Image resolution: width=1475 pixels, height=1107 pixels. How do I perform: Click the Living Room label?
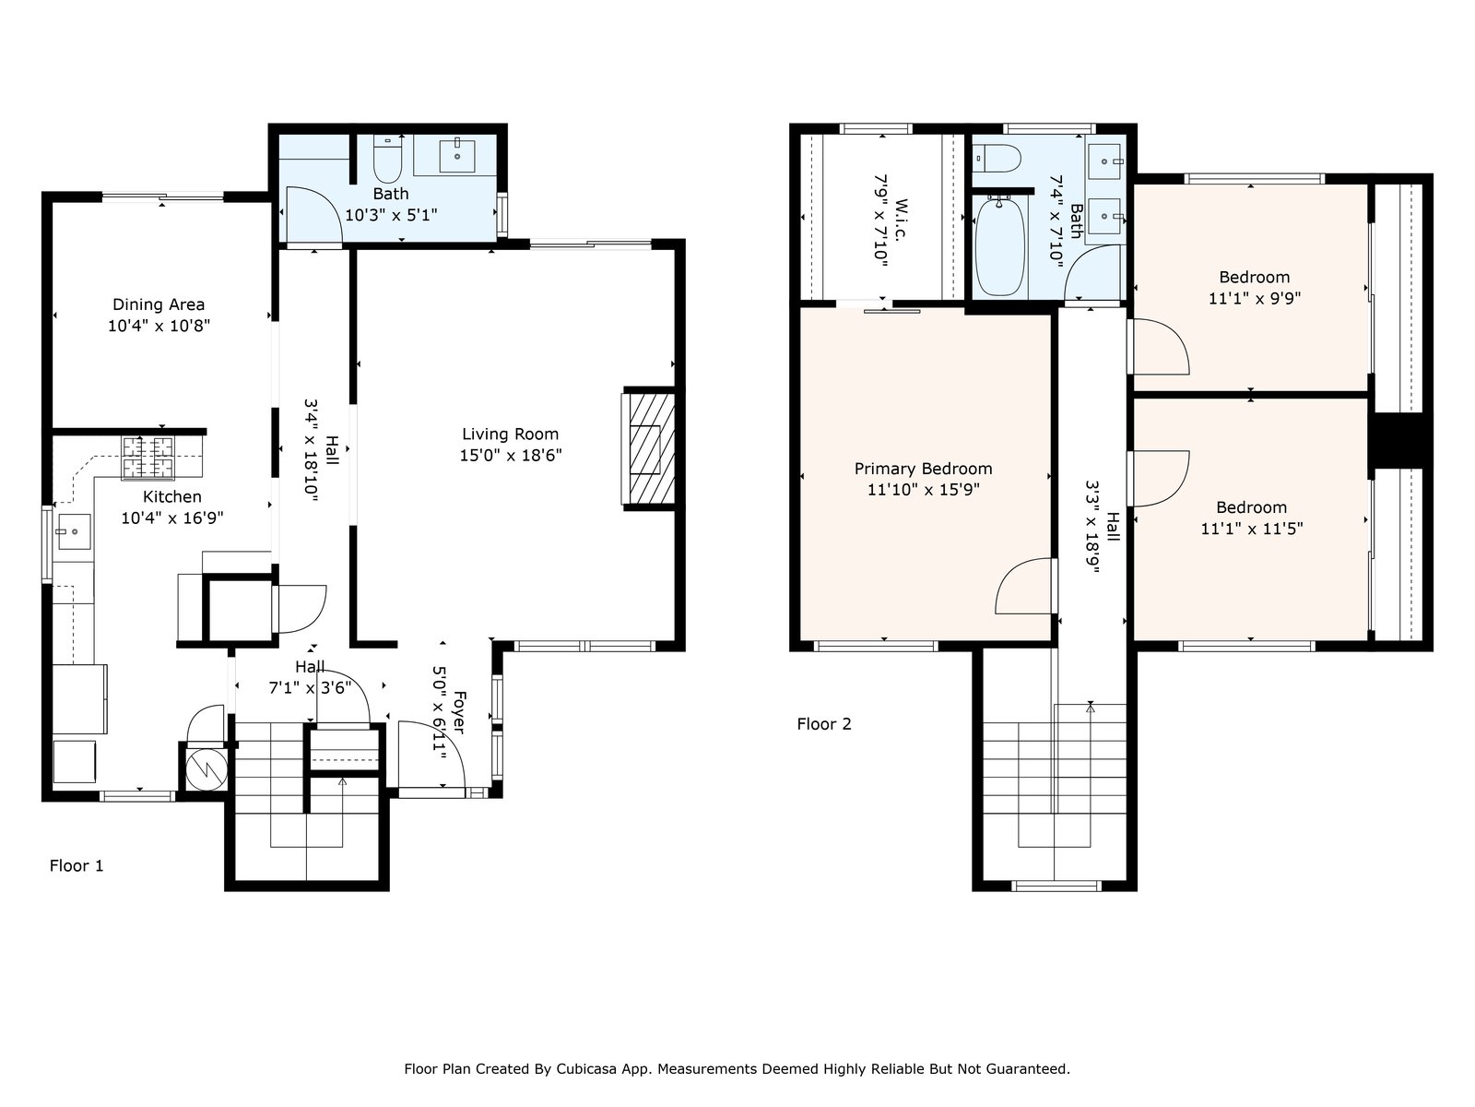point(510,434)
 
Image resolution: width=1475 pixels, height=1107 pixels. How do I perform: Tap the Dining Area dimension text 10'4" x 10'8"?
point(159,326)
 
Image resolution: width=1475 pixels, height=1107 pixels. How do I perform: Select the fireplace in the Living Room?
point(648,448)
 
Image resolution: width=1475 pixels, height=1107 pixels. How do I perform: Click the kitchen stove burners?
point(147,458)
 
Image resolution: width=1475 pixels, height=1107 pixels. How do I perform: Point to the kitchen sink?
point(73,531)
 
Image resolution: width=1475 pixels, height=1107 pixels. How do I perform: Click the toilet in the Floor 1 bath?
point(387,160)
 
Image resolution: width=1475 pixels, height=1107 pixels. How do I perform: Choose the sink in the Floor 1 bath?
point(457,156)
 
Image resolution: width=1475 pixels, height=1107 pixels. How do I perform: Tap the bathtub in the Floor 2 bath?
point(1000,246)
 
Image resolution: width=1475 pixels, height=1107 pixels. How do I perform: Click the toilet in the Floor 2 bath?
point(997,159)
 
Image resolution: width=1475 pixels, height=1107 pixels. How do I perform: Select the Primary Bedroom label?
point(923,469)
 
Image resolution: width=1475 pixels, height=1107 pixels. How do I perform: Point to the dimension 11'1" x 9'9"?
point(1255,298)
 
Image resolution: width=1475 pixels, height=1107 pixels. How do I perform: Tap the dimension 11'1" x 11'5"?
point(1251,529)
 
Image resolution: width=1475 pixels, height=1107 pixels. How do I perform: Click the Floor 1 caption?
point(77,865)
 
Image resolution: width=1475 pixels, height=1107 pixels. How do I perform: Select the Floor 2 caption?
point(824,724)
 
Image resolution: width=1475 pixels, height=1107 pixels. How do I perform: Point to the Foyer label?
point(460,712)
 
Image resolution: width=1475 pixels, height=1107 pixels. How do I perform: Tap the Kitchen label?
point(172,496)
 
